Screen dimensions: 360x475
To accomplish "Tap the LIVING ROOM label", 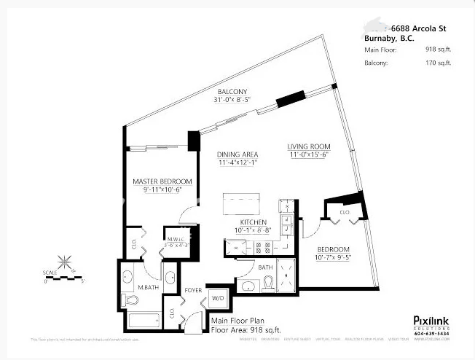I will pyautogui.click(x=309, y=146).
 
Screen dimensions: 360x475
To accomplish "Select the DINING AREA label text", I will pyautogui.click(x=237, y=154).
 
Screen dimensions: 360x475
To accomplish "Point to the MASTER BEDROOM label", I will pyautogui.click(x=162, y=181).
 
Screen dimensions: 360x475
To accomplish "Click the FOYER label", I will pyautogui.click(x=192, y=289).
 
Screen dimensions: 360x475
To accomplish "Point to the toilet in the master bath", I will pyautogui.click(x=132, y=300).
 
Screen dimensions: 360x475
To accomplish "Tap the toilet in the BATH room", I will pyautogui.click(x=267, y=284).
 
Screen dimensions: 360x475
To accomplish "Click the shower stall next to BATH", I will pyautogui.click(x=286, y=274).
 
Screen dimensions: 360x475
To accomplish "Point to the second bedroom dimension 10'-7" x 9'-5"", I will pyautogui.click(x=334, y=257).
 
